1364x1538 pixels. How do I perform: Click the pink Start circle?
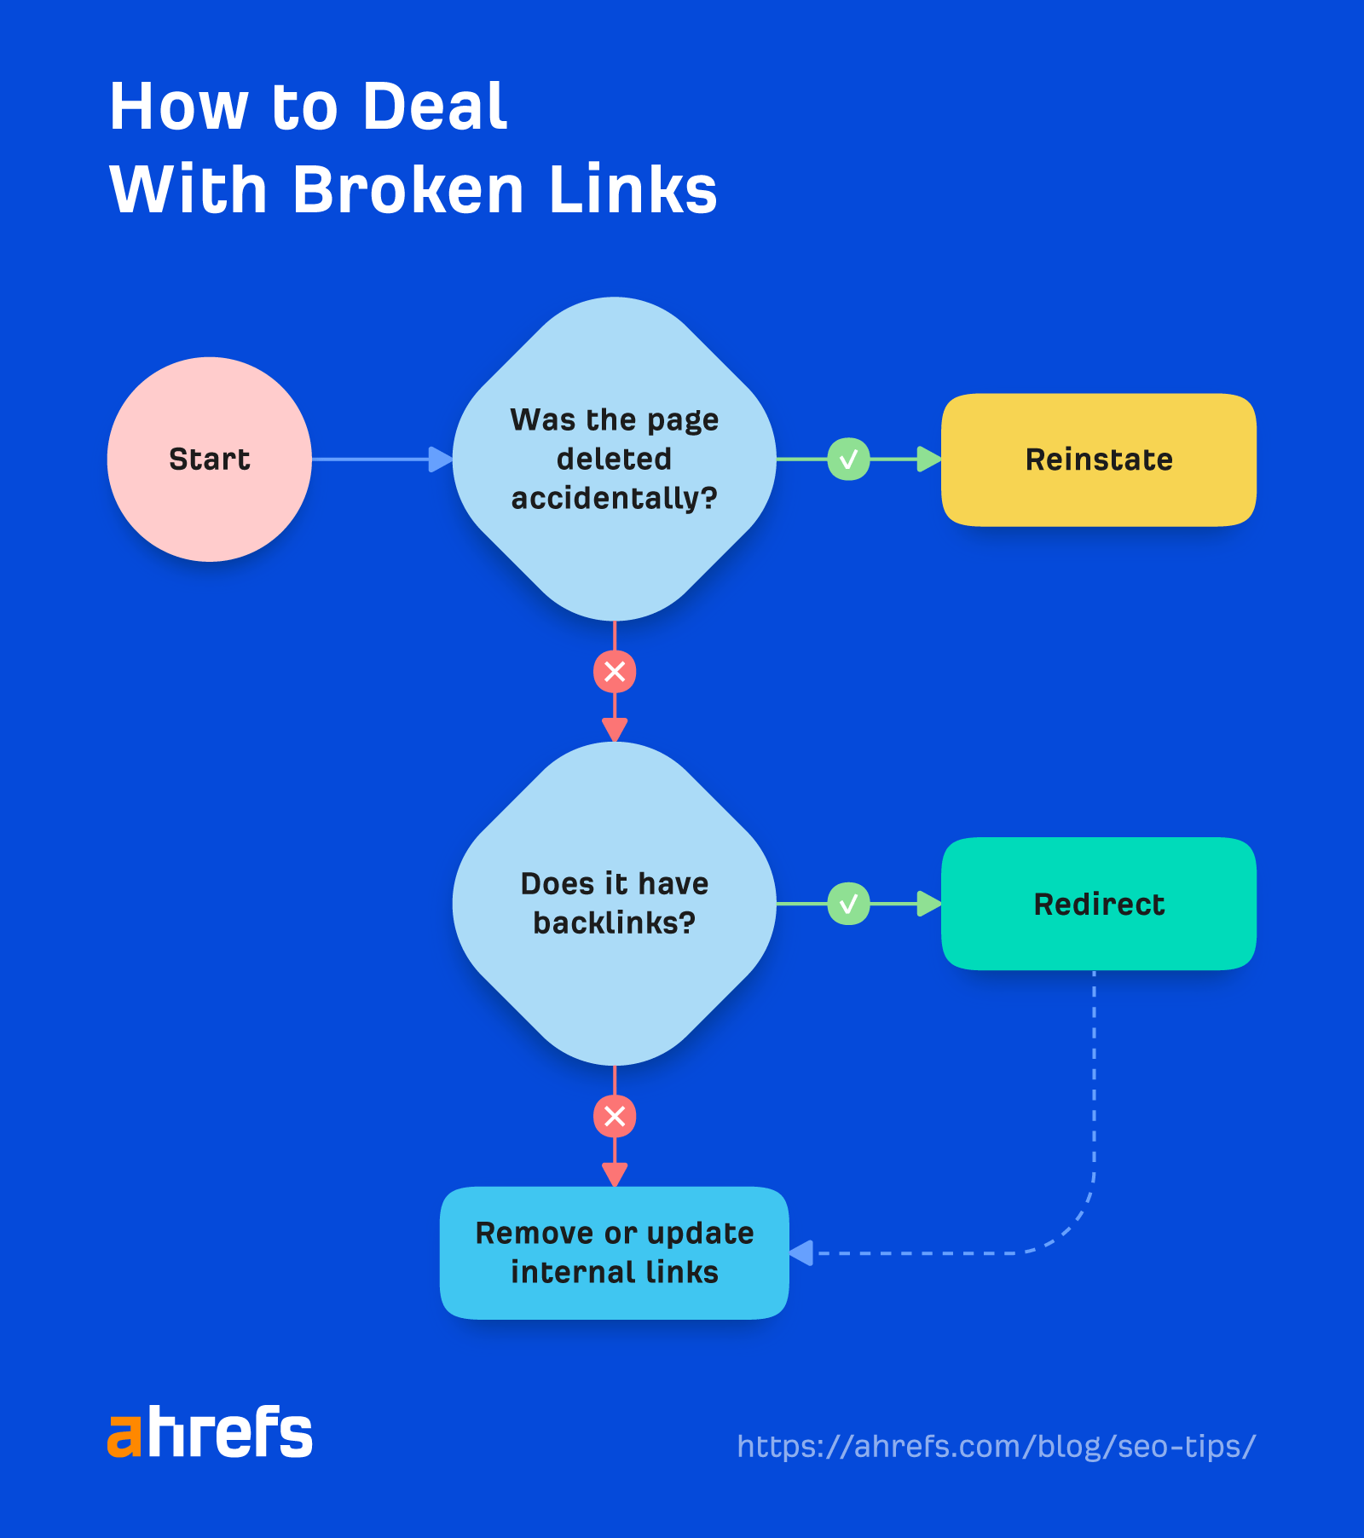point(209,459)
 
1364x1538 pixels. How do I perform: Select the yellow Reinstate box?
point(1098,460)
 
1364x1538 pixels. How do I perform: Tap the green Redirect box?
point(1098,904)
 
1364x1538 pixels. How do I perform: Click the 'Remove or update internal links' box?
point(614,1252)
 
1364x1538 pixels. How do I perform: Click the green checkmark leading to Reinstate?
point(848,460)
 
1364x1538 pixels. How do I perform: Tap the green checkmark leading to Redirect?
point(848,904)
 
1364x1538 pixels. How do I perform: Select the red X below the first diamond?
point(615,672)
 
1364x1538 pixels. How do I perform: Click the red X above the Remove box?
point(615,1116)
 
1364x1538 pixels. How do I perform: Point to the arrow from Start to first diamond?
point(375,460)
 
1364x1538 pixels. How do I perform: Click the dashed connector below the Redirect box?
point(1094,1108)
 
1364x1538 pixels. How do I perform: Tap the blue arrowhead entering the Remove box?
point(800,1253)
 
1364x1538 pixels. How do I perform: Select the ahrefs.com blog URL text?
point(996,1446)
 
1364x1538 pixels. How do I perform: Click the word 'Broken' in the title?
point(407,189)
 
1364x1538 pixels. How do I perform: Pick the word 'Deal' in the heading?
point(435,107)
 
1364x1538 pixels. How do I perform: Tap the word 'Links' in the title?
point(633,189)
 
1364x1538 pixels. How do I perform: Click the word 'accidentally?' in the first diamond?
point(614,498)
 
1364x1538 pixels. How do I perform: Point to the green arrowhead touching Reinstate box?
point(929,460)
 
